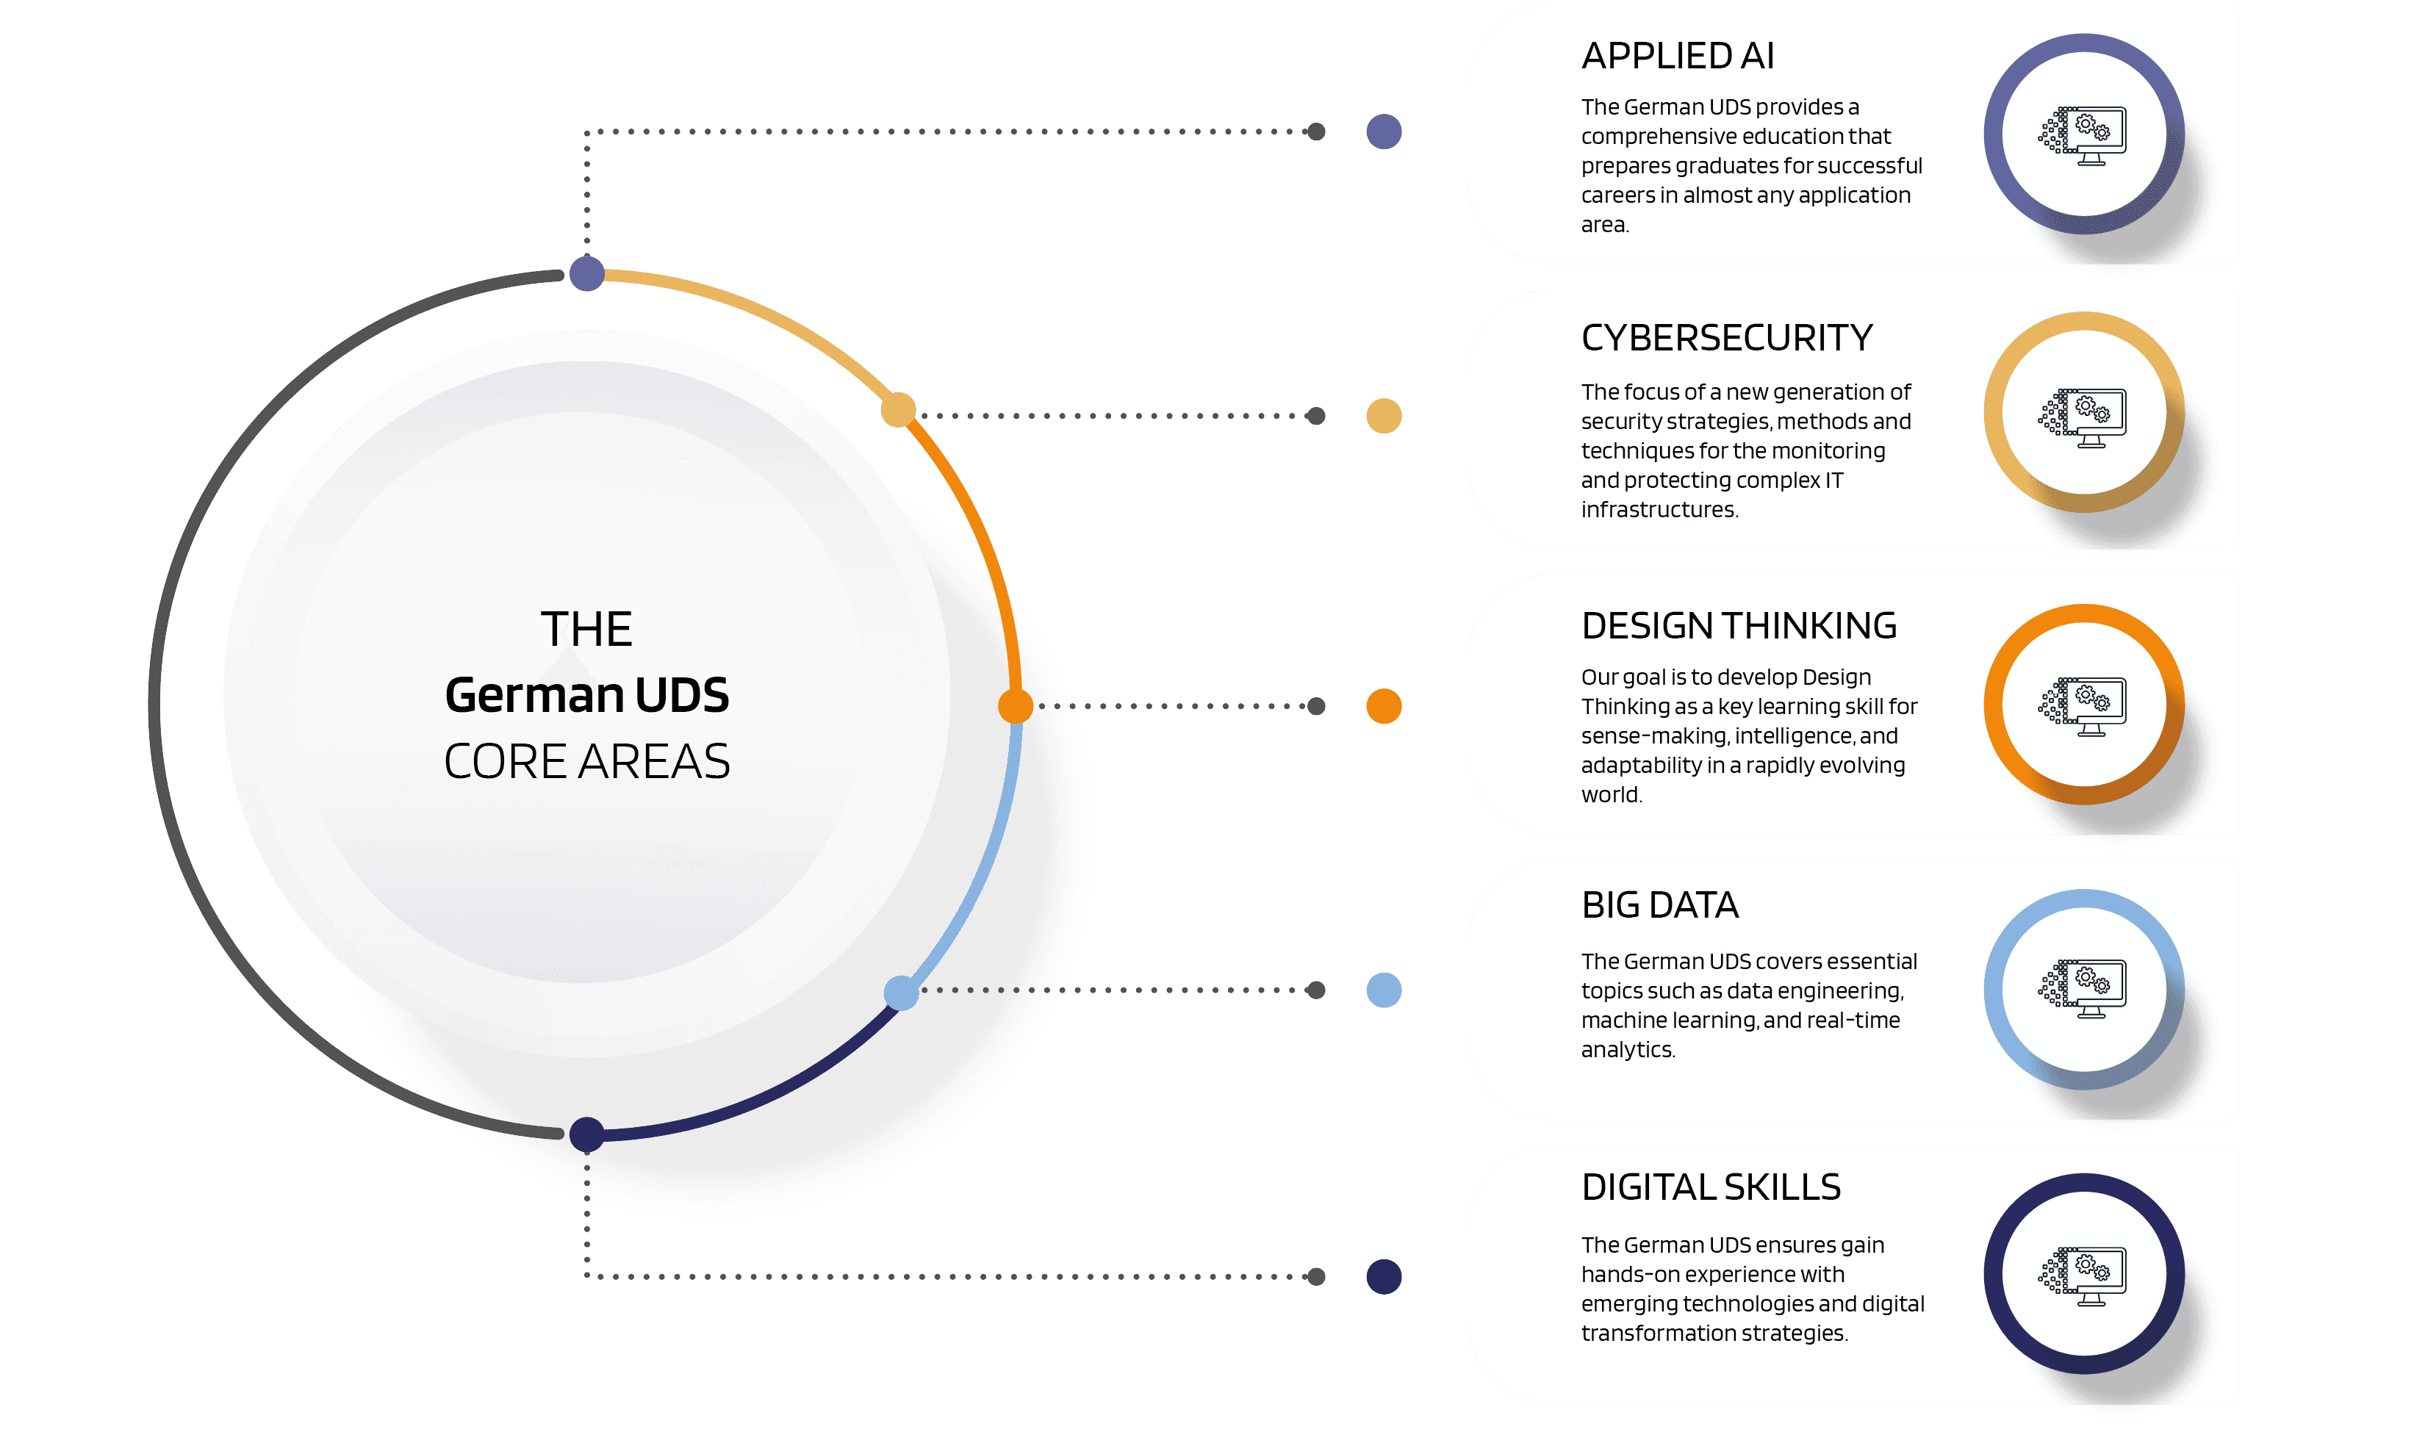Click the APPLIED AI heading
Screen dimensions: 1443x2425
(x=1677, y=57)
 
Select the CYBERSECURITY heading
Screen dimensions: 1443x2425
(x=1726, y=339)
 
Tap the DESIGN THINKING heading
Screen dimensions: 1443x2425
(x=1739, y=626)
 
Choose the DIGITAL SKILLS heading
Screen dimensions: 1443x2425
(x=1710, y=1187)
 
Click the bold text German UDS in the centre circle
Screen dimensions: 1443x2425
(x=586, y=695)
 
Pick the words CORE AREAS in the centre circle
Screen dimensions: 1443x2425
(x=586, y=761)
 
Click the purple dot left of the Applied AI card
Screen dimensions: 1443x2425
(x=1384, y=132)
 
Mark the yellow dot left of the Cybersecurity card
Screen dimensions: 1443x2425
(x=1384, y=416)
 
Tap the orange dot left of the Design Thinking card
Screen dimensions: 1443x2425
(x=1384, y=706)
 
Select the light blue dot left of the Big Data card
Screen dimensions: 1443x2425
(x=1384, y=990)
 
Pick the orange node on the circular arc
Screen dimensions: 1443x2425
(x=1015, y=706)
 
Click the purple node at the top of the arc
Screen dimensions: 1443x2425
(x=586, y=274)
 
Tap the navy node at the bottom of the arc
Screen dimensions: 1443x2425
(x=586, y=1134)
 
